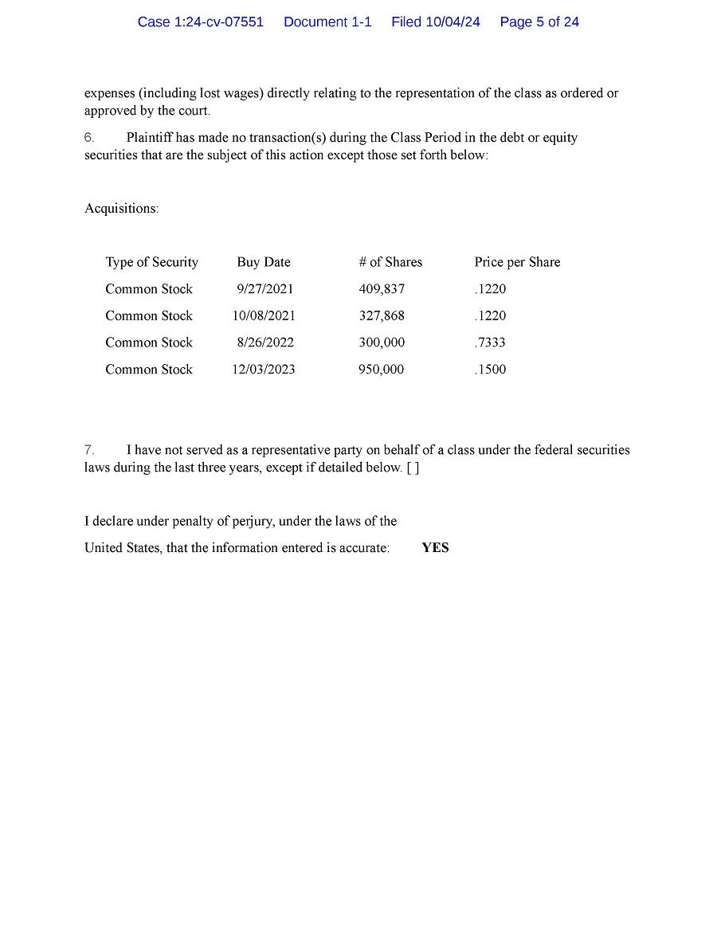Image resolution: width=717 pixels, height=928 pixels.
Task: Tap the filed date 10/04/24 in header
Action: coord(453,22)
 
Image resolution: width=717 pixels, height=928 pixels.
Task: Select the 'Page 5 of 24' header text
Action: coord(539,22)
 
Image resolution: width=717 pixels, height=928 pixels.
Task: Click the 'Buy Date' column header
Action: coord(264,262)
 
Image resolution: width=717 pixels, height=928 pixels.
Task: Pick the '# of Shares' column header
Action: coord(390,262)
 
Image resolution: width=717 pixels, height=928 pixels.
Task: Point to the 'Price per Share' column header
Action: coord(517,262)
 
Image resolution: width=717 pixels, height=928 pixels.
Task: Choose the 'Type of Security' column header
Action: coord(151,262)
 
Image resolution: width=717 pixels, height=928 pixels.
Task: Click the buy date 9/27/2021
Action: coord(264,289)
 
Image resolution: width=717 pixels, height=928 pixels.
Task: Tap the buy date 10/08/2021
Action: coord(264,316)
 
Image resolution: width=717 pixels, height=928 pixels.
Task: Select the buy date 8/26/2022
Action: coord(264,343)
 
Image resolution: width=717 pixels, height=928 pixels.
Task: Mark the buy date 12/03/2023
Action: coord(264,370)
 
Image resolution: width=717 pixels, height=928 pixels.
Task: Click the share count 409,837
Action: coord(382,289)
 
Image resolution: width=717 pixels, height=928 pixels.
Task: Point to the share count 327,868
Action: coord(382,316)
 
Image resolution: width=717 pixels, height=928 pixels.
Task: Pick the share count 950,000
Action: coord(382,370)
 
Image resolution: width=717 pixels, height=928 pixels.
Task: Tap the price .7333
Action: coord(490,343)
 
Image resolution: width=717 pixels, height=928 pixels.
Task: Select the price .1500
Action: coord(490,370)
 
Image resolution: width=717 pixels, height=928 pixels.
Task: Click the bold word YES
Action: coord(435,548)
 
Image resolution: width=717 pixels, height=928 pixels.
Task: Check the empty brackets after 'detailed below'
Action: coord(413,468)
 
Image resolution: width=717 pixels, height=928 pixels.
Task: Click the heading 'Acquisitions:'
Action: coord(122,209)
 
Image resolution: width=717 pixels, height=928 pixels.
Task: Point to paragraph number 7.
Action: coord(89,450)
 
